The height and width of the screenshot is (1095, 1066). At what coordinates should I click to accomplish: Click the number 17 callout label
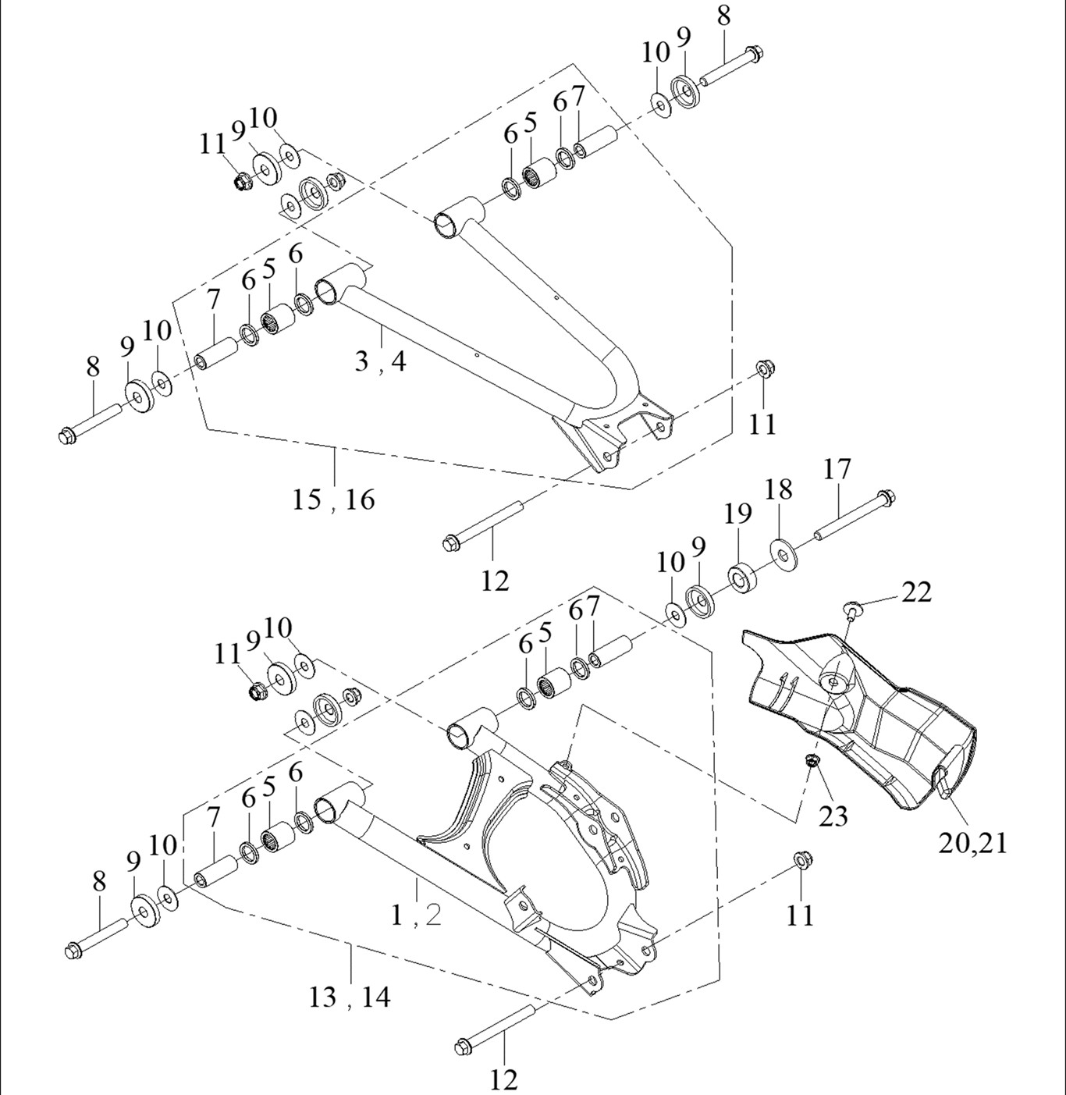[x=837, y=469]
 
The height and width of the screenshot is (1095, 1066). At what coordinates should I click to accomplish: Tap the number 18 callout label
[x=778, y=490]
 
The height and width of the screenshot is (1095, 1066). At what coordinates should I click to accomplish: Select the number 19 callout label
[x=737, y=514]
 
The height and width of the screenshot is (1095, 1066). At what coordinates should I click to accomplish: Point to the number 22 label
[x=916, y=592]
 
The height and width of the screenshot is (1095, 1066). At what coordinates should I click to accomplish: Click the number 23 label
[x=833, y=816]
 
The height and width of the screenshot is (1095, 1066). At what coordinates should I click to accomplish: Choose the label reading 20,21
[x=972, y=843]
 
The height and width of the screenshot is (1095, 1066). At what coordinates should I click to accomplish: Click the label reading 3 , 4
[x=380, y=361]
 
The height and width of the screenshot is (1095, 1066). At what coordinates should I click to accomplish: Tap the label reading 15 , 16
[x=333, y=500]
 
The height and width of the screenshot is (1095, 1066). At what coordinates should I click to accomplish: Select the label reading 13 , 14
[x=349, y=997]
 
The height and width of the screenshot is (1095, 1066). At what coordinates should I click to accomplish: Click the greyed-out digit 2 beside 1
[x=433, y=915]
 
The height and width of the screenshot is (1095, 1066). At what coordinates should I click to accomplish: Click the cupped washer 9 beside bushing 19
[x=700, y=601]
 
